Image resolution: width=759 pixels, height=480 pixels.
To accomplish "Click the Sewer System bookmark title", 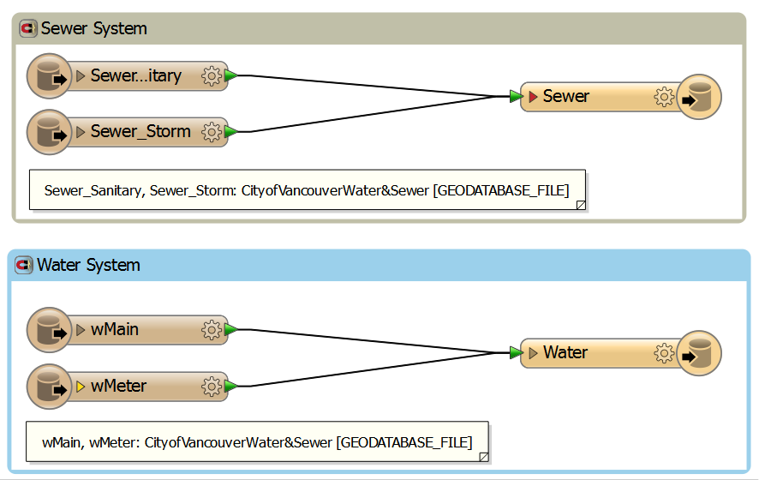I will coord(93,28).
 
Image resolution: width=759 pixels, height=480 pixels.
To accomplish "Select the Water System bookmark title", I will coord(88,265).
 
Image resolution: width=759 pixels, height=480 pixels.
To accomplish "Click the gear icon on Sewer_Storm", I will coord(211,132).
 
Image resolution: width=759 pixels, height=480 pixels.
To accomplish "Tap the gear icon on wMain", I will coord(211,330).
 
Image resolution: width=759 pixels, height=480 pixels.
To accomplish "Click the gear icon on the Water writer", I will coord(663,353).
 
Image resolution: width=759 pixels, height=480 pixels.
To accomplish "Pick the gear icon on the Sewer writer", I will coord(663,97).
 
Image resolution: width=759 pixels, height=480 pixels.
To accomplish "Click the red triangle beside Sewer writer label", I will coord(533,97).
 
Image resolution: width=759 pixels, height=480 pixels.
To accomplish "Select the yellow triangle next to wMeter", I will coord(81,387).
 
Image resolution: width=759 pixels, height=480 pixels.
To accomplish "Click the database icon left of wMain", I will coord(49,330).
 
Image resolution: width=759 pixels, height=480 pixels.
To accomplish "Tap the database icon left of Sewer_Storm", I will coord(49,132).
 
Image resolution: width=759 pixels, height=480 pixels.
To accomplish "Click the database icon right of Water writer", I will coord(699,353).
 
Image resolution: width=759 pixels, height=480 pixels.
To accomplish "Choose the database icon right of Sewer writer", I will coord(699,97).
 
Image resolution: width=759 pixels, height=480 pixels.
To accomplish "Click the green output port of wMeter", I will coord(231,387).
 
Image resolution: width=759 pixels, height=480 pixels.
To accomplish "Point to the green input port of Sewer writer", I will coord(515,97).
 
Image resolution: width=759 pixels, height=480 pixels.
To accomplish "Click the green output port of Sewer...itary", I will coord(231,75).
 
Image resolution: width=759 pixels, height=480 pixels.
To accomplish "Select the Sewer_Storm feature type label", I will coord(140,132).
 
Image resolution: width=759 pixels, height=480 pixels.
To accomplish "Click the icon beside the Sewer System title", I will coord(28,29).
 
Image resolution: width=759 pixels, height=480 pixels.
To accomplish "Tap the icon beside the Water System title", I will coord(24,266).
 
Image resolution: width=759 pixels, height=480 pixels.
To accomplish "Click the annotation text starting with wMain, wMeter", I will coord(256,443).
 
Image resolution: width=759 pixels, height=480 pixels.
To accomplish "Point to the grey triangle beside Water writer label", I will coord(533,353).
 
